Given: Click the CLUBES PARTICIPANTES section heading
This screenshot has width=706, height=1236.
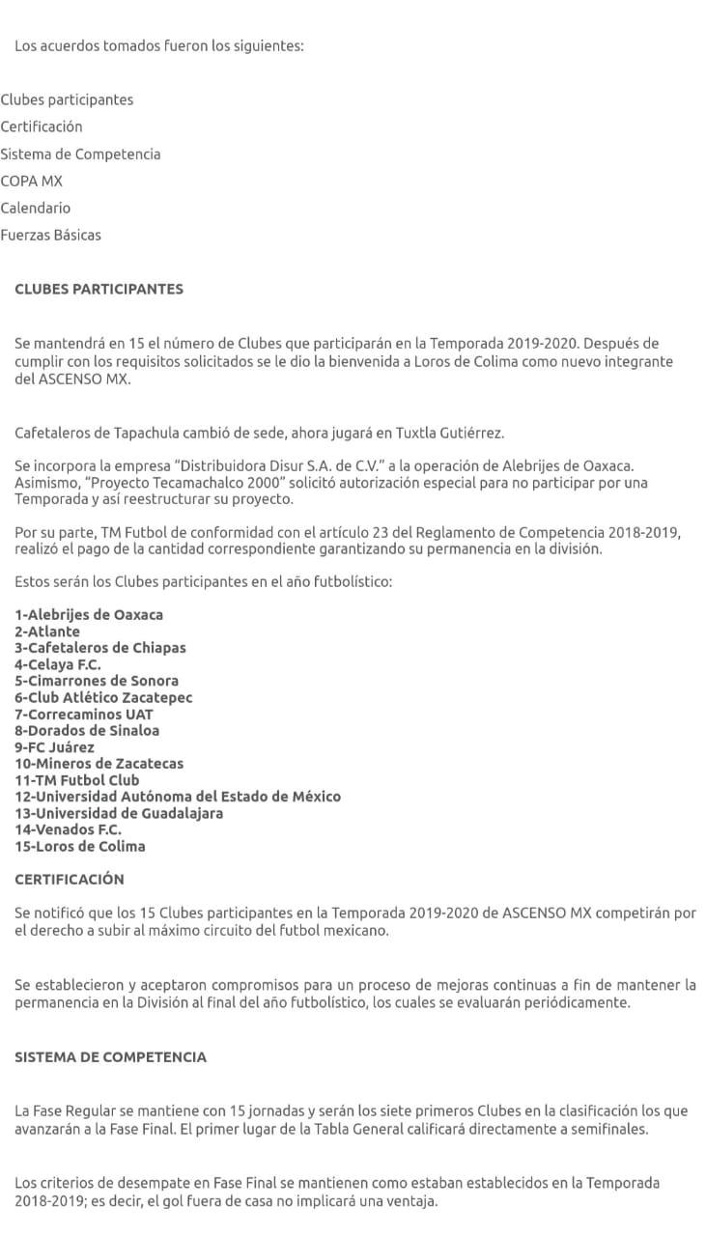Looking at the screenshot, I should [x=99, y=289].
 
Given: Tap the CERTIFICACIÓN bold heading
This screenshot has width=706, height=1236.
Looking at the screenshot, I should [x=70, y=879].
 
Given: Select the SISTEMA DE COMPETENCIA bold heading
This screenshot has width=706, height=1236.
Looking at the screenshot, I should [x=110, y=1056].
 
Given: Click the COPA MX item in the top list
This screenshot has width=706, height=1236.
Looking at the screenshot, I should [x=32, y=181].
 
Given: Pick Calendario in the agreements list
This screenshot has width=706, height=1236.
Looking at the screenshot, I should [x=36, y=208].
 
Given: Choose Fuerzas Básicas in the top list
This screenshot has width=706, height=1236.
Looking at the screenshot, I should [x=50, y=235].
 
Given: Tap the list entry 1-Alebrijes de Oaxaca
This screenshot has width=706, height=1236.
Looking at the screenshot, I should [x=89, y=614].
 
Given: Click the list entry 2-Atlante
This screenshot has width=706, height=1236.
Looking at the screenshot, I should [x=47, y=632].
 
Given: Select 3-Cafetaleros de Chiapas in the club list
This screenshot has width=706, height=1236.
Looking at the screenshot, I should [x=100, y=648].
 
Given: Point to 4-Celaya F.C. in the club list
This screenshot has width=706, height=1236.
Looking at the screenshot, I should [x=58, y=664].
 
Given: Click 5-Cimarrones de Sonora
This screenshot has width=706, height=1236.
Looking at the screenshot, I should [x=97, y=681].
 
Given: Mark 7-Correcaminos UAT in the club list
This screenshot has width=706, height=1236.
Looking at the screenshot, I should [x=84, y=714].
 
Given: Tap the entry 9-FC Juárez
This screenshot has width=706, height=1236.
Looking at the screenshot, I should [x=55, y=746].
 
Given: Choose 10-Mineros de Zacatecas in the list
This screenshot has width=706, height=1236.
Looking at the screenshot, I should [x=99, y=763].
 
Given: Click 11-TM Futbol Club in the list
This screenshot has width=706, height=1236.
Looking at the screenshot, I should [x=77, y=779].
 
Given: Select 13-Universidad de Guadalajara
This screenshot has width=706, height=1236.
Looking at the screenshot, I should [x=119, y=813].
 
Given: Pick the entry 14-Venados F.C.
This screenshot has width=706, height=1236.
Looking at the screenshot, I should [x=69, y=829].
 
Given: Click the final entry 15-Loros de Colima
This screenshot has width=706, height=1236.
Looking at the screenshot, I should [x=80, y=846].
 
